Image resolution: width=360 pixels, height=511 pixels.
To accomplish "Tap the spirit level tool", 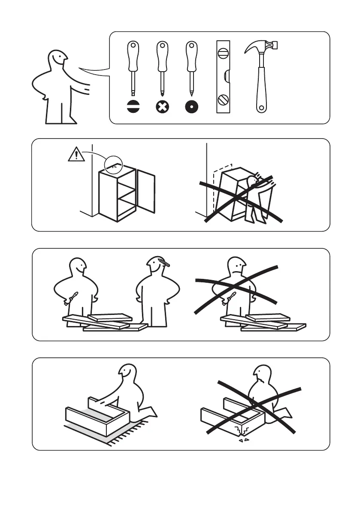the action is [x=223, y=77].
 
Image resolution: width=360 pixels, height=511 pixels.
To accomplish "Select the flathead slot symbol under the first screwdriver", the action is [x=133, y=107].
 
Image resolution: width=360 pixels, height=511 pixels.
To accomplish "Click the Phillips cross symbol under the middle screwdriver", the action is [x=162, y=107].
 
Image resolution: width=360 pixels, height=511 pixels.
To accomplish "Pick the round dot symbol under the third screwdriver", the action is [x=191, y=107].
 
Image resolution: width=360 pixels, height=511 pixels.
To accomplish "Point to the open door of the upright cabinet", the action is [x=146, y=191].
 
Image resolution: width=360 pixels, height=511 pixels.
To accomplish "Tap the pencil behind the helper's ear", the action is [x=164, y=263].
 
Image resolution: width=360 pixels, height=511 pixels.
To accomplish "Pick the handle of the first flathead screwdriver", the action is [x=133, y=56].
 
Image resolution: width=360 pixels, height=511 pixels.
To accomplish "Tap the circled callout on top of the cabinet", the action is [x=113, y=163].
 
